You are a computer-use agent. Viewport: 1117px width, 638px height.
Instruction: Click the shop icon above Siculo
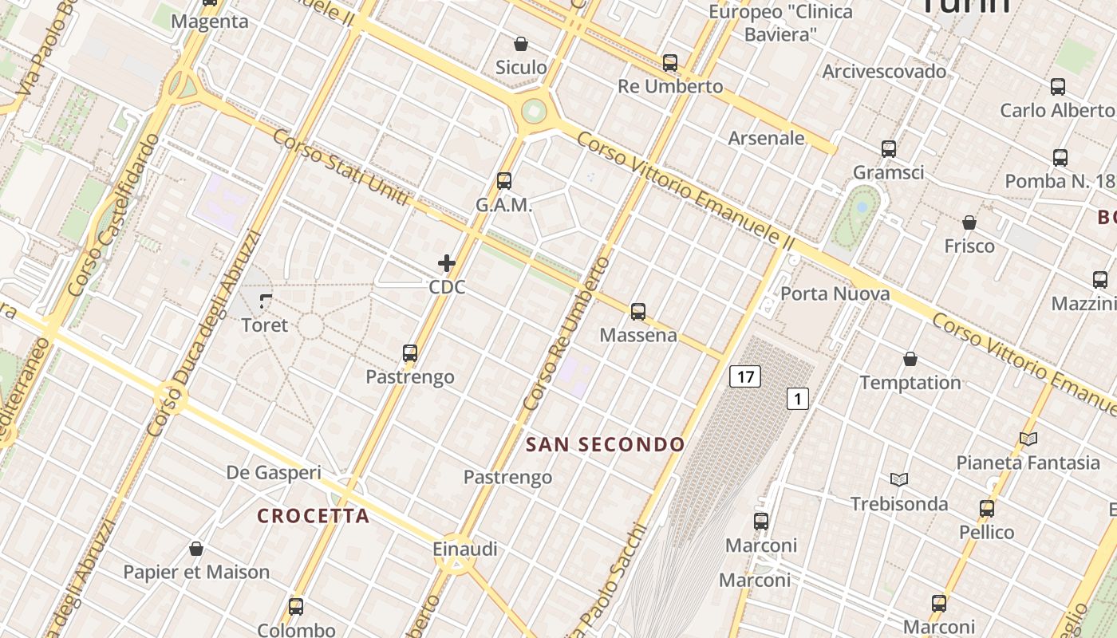[521, 43]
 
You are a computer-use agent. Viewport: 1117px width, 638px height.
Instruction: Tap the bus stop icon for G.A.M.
[503, 181]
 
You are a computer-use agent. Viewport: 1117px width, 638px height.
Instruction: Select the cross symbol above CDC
[447, 263]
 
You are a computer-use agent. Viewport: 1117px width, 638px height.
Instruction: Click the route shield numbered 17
[744, 376]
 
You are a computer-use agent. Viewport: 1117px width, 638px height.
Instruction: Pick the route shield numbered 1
[798, 398]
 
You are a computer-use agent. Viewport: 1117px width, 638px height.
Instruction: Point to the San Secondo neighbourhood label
[606, 444]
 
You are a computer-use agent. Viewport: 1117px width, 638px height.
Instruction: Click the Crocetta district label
[314, 516]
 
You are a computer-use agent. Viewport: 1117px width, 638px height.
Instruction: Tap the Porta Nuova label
[835, 293]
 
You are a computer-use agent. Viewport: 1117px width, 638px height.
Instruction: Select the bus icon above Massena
[637, 312]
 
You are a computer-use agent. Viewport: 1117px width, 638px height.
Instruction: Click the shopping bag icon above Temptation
[910, 359]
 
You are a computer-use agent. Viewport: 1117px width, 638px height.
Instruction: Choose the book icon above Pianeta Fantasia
[1028, 439]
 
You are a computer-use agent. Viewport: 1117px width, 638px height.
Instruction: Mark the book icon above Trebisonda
[899, 479]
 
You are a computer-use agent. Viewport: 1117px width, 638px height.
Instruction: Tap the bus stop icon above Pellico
[987, 509]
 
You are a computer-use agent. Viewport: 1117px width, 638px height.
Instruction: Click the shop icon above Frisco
[969, 222]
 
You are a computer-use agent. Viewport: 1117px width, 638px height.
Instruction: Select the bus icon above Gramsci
[889, 148]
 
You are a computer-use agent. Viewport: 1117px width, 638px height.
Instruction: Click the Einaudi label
[465, 549]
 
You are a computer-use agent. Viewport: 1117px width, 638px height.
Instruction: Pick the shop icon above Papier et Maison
[196, 549]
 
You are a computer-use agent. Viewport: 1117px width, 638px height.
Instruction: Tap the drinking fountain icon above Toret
[266, 301]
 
